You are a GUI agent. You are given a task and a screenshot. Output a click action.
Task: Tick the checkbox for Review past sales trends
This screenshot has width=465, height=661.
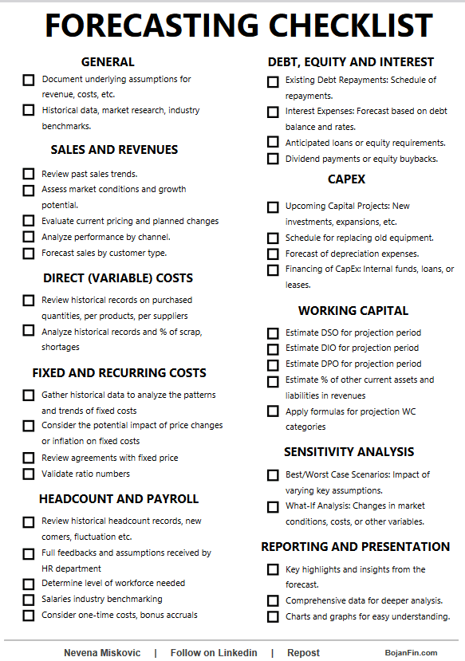coord(29,174)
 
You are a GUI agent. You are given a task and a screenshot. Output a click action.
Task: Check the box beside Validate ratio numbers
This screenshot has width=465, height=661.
coord(29,474)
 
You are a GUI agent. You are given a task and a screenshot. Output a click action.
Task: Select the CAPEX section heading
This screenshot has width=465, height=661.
coord(346,179)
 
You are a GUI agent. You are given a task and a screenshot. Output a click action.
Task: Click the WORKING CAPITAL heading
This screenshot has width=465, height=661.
coord(353,310)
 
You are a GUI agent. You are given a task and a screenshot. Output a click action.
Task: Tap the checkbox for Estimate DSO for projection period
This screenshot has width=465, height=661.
coord(273,333)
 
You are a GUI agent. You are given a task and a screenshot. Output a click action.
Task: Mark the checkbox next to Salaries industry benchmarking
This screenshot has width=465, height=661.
coord(29,600)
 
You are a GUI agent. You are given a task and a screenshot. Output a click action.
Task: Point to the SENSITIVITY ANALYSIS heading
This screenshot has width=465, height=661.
coord(349,451)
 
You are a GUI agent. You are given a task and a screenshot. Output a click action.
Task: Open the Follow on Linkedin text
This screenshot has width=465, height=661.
coord(214,652)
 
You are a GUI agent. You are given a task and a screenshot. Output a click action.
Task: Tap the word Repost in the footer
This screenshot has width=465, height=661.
coord(303,652)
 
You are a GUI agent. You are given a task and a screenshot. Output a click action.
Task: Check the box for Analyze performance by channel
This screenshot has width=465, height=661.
coord(29,238)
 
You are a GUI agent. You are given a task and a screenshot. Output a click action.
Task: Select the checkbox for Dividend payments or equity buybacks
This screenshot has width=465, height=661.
coord(273,159)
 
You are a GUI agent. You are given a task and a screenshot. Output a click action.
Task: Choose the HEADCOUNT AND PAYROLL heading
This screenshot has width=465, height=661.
coord(119,498)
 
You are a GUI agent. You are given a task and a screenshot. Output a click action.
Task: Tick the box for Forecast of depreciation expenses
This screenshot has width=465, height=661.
coord(273,254)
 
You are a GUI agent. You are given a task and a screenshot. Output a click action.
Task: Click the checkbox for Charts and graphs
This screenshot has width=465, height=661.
coord(273,616)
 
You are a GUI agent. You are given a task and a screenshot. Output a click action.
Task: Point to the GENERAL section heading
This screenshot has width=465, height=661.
coord(108,61)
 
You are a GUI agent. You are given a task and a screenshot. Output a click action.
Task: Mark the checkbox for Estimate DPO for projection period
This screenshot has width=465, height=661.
coord(273,365)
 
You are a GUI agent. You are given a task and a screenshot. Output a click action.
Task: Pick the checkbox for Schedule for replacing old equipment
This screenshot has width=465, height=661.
coord(273,238)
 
